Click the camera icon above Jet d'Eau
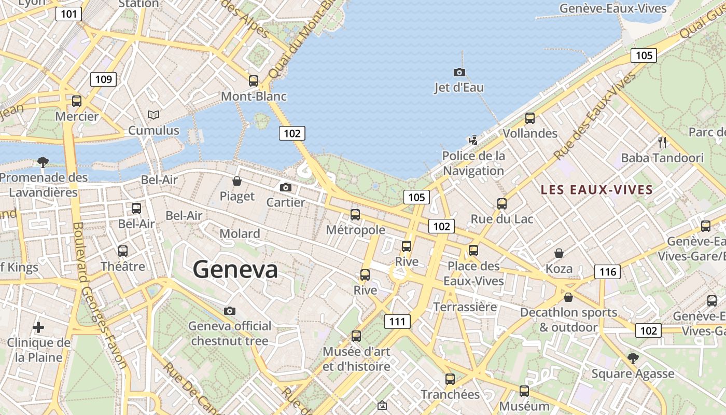[x=459, y=72]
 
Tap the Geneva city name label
[x=235, y=269]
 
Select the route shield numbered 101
[x=69, y=13]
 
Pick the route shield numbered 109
[x=103, y=79]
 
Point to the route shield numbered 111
[x=397, y=322]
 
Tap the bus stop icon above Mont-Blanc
[x=253, y=80]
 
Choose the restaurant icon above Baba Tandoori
[x=662, y=142]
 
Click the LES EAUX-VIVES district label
[x=596, y=189]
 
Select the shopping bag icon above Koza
[x=559, y=253]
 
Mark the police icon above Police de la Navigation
[x=472, y=140]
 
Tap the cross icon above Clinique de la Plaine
[x=38, y=327]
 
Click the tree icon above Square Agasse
[x=633, y=358]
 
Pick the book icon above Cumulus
[x=153, y=115]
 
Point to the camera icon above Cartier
[x=285, y=187]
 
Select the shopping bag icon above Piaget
[x=237, y=181]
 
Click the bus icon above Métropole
[x=355, y=214]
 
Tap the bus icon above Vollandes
[x=529, y=118]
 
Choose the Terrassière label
[x=465, y=307]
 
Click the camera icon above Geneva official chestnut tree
[x=229, y=311]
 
